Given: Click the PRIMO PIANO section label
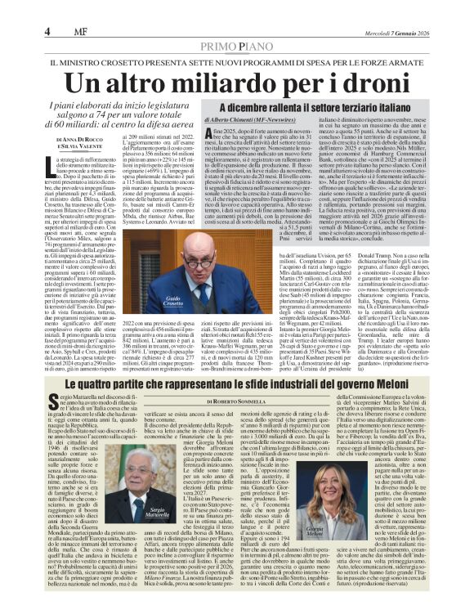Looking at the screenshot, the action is coord(237,24).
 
